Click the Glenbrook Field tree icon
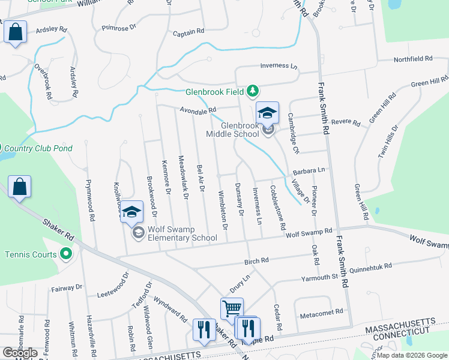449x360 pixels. [x=254, y=91]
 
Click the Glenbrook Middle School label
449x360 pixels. [x=232, y=130]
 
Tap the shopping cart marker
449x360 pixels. [x=232, y=308]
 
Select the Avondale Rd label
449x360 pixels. [x=197, y=110]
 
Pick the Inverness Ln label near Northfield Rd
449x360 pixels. [x=279, y=66]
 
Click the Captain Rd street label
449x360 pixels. [x=188, y=31]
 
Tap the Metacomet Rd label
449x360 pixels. [x=321, y=312]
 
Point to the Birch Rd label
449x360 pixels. [x=256, y=261]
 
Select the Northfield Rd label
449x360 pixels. [x=413, y=59]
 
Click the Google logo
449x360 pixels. [x=20, y=352]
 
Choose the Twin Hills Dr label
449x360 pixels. [x=388, y=142]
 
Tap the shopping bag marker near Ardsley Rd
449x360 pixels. [x=15, y=32]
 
